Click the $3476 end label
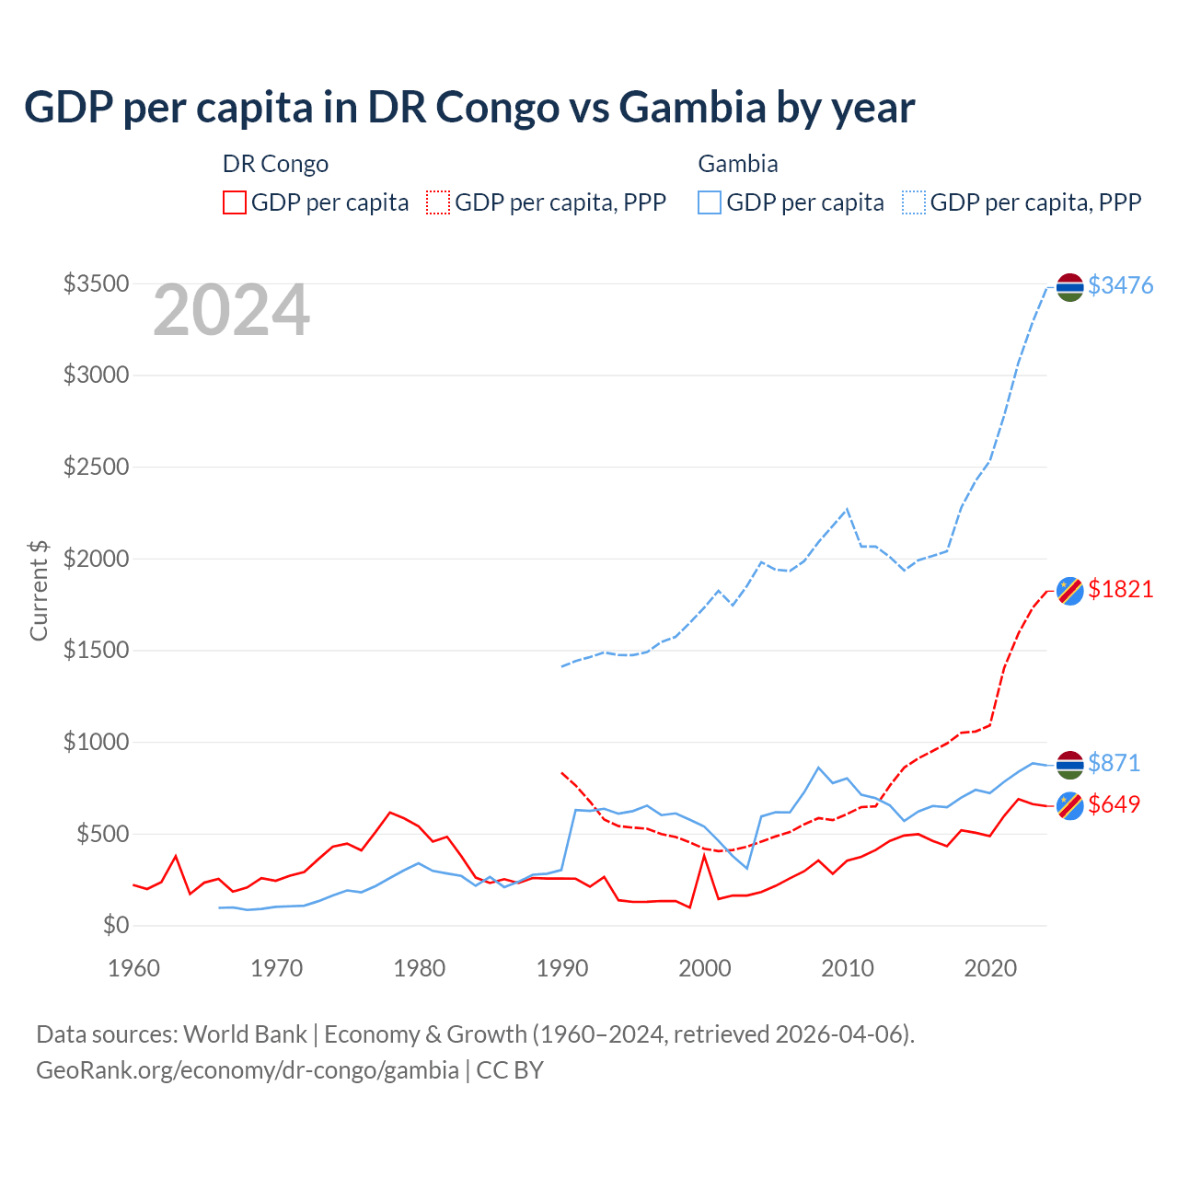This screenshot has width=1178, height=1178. tap(1120, 285)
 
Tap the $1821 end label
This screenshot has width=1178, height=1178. tap(1120, 589)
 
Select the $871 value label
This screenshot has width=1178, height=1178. tap(1114, 763)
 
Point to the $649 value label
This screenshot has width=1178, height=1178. tap(1114, 804)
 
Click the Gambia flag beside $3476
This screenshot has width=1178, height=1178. tap(1069, 287)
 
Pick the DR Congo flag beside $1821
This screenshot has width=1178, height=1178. tap(1069, 590)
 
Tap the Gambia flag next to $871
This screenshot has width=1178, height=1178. tap(1069, 765)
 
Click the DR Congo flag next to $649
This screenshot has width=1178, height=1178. tap(1069, 805)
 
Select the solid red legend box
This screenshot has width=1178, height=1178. tap(235, 202)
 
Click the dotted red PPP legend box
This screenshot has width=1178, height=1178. tap(439, 202)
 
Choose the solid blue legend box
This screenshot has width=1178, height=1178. tap(710, 202)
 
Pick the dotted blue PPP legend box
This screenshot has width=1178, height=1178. tap(914, 202)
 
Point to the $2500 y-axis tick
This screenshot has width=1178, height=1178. tap(96, 467)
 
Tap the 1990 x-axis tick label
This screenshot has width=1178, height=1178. tap(562, 968)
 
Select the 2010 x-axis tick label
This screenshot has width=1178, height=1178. tap(848, 968)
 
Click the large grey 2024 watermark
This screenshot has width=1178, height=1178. tap(231, 311)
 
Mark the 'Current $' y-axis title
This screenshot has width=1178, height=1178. tap(39, 591)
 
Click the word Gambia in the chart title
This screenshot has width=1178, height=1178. tap(692, 107)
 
